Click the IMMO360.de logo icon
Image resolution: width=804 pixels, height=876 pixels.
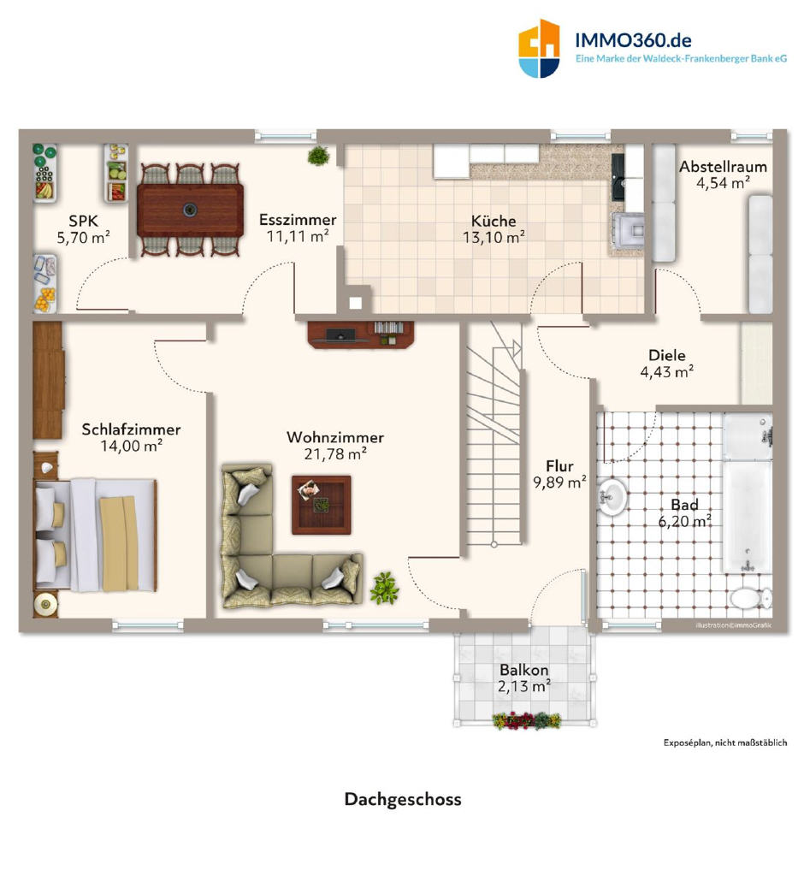(x=539, y=49)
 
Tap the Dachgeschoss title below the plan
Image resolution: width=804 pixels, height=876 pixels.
(x=403, y=799)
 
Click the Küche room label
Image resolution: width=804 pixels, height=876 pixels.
(x=494, y=221)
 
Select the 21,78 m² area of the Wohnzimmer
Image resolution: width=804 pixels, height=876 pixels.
(x=335, y=453)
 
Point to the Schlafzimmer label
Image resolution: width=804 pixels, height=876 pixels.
(x=132, y=429)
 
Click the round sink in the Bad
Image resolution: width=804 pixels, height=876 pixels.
(x=612, y=495)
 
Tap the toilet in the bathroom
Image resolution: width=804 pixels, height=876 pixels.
(x=751, y=598)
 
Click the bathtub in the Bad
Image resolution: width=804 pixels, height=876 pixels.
(x=748, y=494)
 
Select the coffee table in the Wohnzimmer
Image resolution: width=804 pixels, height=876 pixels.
(x=322, y=505)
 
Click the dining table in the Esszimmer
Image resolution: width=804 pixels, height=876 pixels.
(x=190, y=210)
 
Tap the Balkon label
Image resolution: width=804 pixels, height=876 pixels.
(x=524, y=669)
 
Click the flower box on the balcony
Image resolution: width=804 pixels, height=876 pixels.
(x=527, y=720)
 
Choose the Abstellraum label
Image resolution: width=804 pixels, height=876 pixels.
(x=723, y=167)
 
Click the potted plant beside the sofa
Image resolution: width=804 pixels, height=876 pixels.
(x=384, y=589)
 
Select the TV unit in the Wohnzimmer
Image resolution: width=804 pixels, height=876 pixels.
(x=361, y=334)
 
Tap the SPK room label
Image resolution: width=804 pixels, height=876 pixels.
(x=83, y=221)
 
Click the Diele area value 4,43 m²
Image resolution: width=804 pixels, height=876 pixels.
(x=667, y=371)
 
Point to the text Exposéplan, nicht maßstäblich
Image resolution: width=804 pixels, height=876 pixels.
(x=725, y=743)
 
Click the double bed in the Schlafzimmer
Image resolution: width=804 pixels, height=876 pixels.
(x=95, y=536)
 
